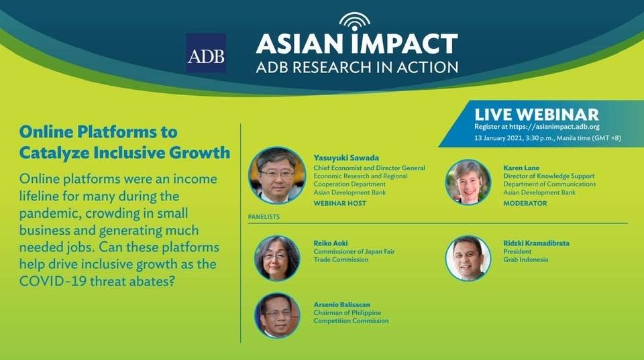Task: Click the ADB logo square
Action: point(206,53)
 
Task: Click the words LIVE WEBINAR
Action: point(537,114)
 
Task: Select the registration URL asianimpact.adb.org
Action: point(555,127)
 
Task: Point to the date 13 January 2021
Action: point(498,138)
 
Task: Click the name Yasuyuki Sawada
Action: point(346,158)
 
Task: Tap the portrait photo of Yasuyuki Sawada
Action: point(277,175)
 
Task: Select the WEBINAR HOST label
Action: point(339,203)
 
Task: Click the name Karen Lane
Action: point(521,168)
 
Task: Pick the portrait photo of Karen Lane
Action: point(468,182)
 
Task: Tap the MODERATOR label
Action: point(525,203)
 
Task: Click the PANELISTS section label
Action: point(264,217)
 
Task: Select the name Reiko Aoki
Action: point(331,243)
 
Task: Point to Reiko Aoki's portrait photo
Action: point(277,258)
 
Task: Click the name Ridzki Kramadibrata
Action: point(537,243)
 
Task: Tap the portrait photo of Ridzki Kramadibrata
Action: point(468,258)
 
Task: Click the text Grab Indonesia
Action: point(526,259)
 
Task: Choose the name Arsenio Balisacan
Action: point(341,304)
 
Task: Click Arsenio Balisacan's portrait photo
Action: point(277,315)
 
